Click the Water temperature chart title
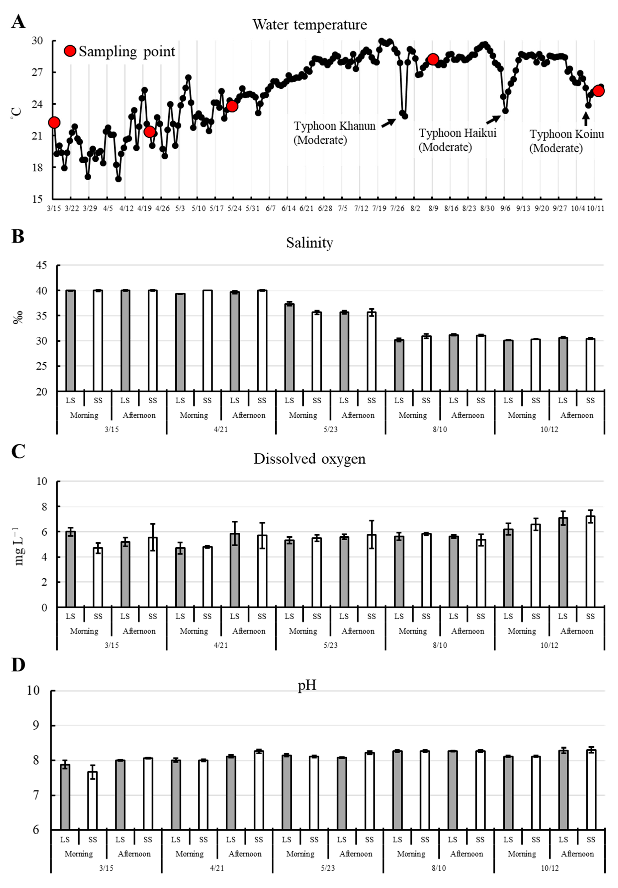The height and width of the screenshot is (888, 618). point(309,25)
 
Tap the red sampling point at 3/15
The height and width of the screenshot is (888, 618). point(54,123)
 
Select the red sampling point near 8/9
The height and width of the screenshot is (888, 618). point(433,59)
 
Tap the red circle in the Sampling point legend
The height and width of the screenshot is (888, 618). point(70,51)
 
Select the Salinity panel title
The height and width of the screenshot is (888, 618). point(309,243)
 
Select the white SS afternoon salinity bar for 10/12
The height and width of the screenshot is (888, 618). point(590,365)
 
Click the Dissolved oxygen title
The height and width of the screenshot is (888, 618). point(309,459)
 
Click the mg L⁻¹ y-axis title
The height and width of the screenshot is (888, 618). point(19,546)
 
